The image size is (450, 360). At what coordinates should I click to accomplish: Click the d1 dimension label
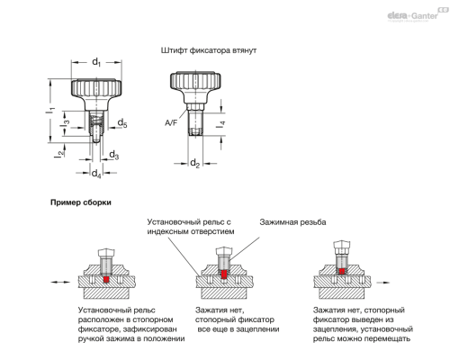pos(96,62)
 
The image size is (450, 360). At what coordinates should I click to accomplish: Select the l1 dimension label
pos(50,110)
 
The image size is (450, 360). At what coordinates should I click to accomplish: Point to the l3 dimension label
pos(66,122)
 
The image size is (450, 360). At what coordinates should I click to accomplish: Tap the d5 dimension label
pos(122,123)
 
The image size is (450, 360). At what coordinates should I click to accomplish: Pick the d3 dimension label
pos(113,155)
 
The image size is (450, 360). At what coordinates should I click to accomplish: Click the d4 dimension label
pos(96,174)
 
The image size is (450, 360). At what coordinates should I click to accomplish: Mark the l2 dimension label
pos(60,154)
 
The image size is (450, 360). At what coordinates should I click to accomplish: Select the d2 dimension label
pos(195,164)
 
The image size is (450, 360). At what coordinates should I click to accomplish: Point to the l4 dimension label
pos(220,124)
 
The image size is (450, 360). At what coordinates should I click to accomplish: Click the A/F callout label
pos(171,122)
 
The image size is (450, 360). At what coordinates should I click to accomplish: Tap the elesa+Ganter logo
pos(417,14)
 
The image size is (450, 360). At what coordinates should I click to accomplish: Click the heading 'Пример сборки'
pos(81,202)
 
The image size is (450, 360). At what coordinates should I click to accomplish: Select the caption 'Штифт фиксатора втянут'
pos(209,50)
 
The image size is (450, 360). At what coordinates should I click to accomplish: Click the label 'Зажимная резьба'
pos(292,222)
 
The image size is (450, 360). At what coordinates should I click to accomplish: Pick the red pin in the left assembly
pos(106,279)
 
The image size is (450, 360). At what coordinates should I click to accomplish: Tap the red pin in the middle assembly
pos(224,274)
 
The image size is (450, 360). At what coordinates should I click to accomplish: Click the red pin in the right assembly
pos(341,272)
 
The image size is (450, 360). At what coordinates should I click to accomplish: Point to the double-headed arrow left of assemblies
pos(60,282)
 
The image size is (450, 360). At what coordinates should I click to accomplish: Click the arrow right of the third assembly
pos(383,283)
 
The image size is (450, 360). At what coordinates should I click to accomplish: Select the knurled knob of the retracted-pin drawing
pos(195,80)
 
